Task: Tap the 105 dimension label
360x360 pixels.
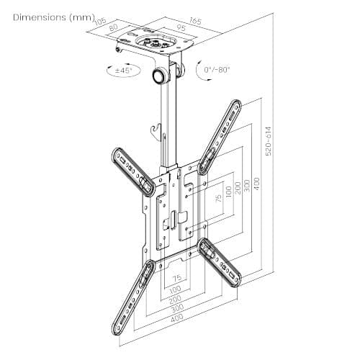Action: [100, 23]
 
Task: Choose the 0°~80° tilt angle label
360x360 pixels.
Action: [215, 71]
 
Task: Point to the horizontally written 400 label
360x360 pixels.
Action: [176, 317]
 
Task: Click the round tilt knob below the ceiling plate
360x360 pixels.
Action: [157, 76]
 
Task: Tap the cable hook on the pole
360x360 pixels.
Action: [153, 130]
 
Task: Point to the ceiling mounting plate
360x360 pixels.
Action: [153, 48]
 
